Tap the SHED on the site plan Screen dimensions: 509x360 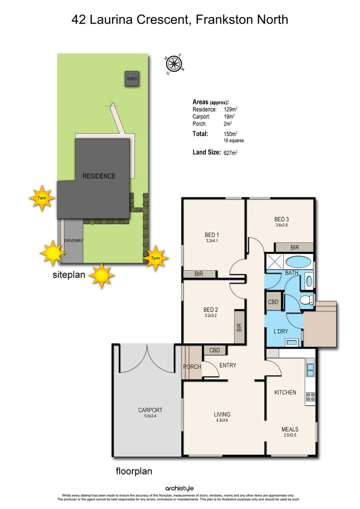tap(132, 79)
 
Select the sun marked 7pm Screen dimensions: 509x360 tap(155, 258)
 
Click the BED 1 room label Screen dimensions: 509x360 tap(212, 235)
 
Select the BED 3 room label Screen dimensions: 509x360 tap(281, 219)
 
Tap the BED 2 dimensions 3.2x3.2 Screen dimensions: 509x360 tap(210, 316)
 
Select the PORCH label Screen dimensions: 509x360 tap(192, 367)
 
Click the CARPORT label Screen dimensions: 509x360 tap(147, 410)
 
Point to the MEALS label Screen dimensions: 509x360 tap(290, 429)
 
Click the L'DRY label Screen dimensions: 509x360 tap(281, 331)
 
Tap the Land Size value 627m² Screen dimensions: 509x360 tap(230, 153)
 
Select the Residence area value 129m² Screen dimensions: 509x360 tap(230, 109)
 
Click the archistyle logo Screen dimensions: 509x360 tap(180, 488)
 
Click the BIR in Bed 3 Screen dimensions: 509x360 tap(295, 247)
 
